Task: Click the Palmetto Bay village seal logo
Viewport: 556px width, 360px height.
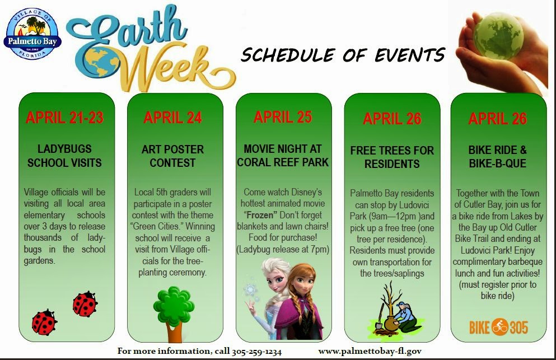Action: (32, 34)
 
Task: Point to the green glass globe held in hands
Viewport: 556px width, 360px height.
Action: (498, 36)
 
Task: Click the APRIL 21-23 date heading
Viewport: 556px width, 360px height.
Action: (64, 118)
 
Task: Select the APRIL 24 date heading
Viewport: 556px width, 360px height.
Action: (172, 118)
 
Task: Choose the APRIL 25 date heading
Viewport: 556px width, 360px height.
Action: (283, 116)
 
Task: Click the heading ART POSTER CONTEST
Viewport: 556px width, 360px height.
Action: (172, 156)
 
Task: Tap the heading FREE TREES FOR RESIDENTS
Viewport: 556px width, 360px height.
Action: (392, 157)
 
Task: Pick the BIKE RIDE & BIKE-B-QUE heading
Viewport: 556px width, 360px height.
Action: (498, 156)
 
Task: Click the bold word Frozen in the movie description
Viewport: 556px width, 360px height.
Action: (260, 215)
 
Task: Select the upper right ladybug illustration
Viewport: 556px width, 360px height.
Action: (85, 304)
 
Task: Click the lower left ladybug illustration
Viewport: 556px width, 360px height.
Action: (44, 322)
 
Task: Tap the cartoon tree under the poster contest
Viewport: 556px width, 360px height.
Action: (174, 314)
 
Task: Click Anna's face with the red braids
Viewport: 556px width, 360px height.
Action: (301, 284)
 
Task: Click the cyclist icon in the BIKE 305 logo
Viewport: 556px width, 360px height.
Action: (499, 327)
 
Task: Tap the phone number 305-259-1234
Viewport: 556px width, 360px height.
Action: (257, 352)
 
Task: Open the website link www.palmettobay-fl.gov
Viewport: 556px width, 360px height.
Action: (370, 352)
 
